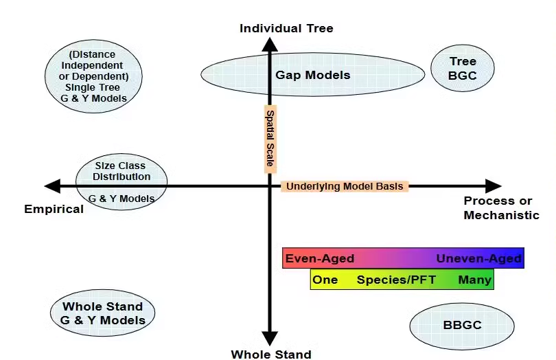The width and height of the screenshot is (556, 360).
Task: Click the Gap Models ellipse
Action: [312, 74]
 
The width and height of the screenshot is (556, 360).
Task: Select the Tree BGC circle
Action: [463, 69]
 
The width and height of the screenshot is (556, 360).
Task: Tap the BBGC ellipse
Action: [461, 326]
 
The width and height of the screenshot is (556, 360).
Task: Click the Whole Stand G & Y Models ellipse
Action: [102, 313]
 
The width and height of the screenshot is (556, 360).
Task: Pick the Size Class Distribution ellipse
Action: [121, 182]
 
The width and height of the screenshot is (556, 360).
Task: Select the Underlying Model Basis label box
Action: [345, 186]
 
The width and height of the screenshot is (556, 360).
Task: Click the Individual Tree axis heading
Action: [286, 28]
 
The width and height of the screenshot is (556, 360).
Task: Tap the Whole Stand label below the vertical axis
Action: [270, 355]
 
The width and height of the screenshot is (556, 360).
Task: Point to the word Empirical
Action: [54, 209]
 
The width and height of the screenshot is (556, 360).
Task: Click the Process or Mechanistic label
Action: [500, 208]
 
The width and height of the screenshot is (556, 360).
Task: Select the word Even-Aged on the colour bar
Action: [320, 259]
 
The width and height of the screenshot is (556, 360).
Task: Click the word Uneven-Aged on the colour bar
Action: [478, 259]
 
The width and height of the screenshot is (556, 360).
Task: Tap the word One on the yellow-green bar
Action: [325, 280]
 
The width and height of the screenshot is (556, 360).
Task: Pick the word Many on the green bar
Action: [474, 280]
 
